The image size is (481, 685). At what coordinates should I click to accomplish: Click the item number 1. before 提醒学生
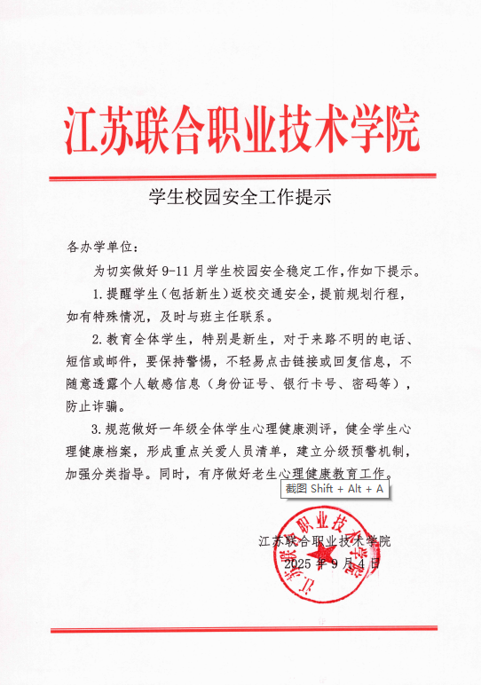(x=99, y=294)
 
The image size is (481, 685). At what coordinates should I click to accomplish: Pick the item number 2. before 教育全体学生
(x=99, y=340)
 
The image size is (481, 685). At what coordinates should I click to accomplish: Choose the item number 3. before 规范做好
(x=99, y=430)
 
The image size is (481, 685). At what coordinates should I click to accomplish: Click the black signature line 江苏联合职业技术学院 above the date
(x=325, y=540)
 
